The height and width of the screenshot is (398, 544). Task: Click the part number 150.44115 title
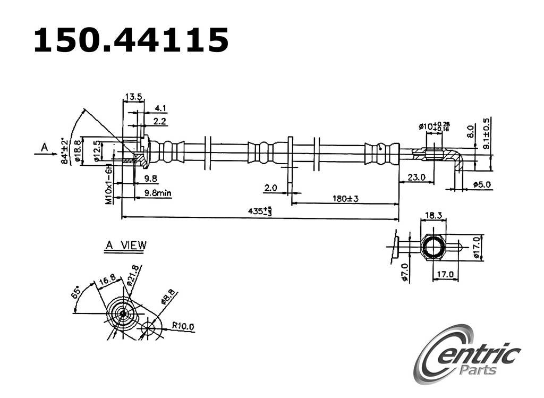tap(131, 40)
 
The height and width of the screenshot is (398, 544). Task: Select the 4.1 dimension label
tap(160, 108)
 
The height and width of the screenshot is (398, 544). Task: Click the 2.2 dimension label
tap(160, 122)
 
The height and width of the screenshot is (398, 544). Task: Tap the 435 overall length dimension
tap(260, 211)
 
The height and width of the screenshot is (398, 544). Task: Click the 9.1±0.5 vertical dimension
tap(487, 133)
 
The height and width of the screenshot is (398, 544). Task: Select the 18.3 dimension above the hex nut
tap(433, 215)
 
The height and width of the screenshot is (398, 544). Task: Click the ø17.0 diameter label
tap(477, 248)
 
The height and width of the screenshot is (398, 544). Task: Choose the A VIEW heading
tap(125, 245)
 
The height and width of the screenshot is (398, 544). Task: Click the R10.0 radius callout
tap(183, 326)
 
